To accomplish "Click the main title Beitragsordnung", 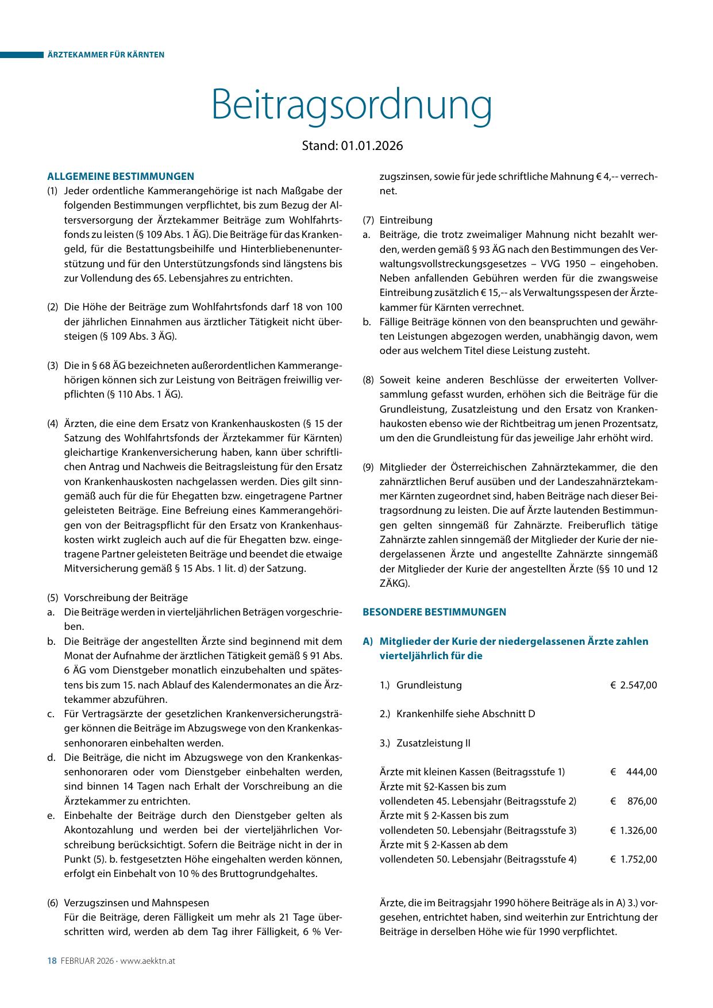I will [352, 106].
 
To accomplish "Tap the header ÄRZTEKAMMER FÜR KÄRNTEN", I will [106, 55].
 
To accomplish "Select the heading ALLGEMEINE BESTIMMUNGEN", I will [121, 176].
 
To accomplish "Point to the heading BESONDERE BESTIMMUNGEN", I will [434, 612].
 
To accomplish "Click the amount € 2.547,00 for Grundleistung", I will [634, 685].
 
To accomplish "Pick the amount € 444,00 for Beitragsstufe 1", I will [634, 772].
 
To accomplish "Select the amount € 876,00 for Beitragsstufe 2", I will [634, 801].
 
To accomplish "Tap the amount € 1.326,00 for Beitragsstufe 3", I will [634, 830].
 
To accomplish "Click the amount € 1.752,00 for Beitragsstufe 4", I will [634, 859].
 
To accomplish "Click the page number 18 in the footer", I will [51, 961].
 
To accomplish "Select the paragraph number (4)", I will [52, 424].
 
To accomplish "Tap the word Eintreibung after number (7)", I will [406, 220].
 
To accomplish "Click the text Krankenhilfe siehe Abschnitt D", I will [465, 714].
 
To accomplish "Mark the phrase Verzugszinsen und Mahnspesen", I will [137, 903].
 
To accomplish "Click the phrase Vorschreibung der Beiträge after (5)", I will [126, 598].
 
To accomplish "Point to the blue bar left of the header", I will [22, 55].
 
